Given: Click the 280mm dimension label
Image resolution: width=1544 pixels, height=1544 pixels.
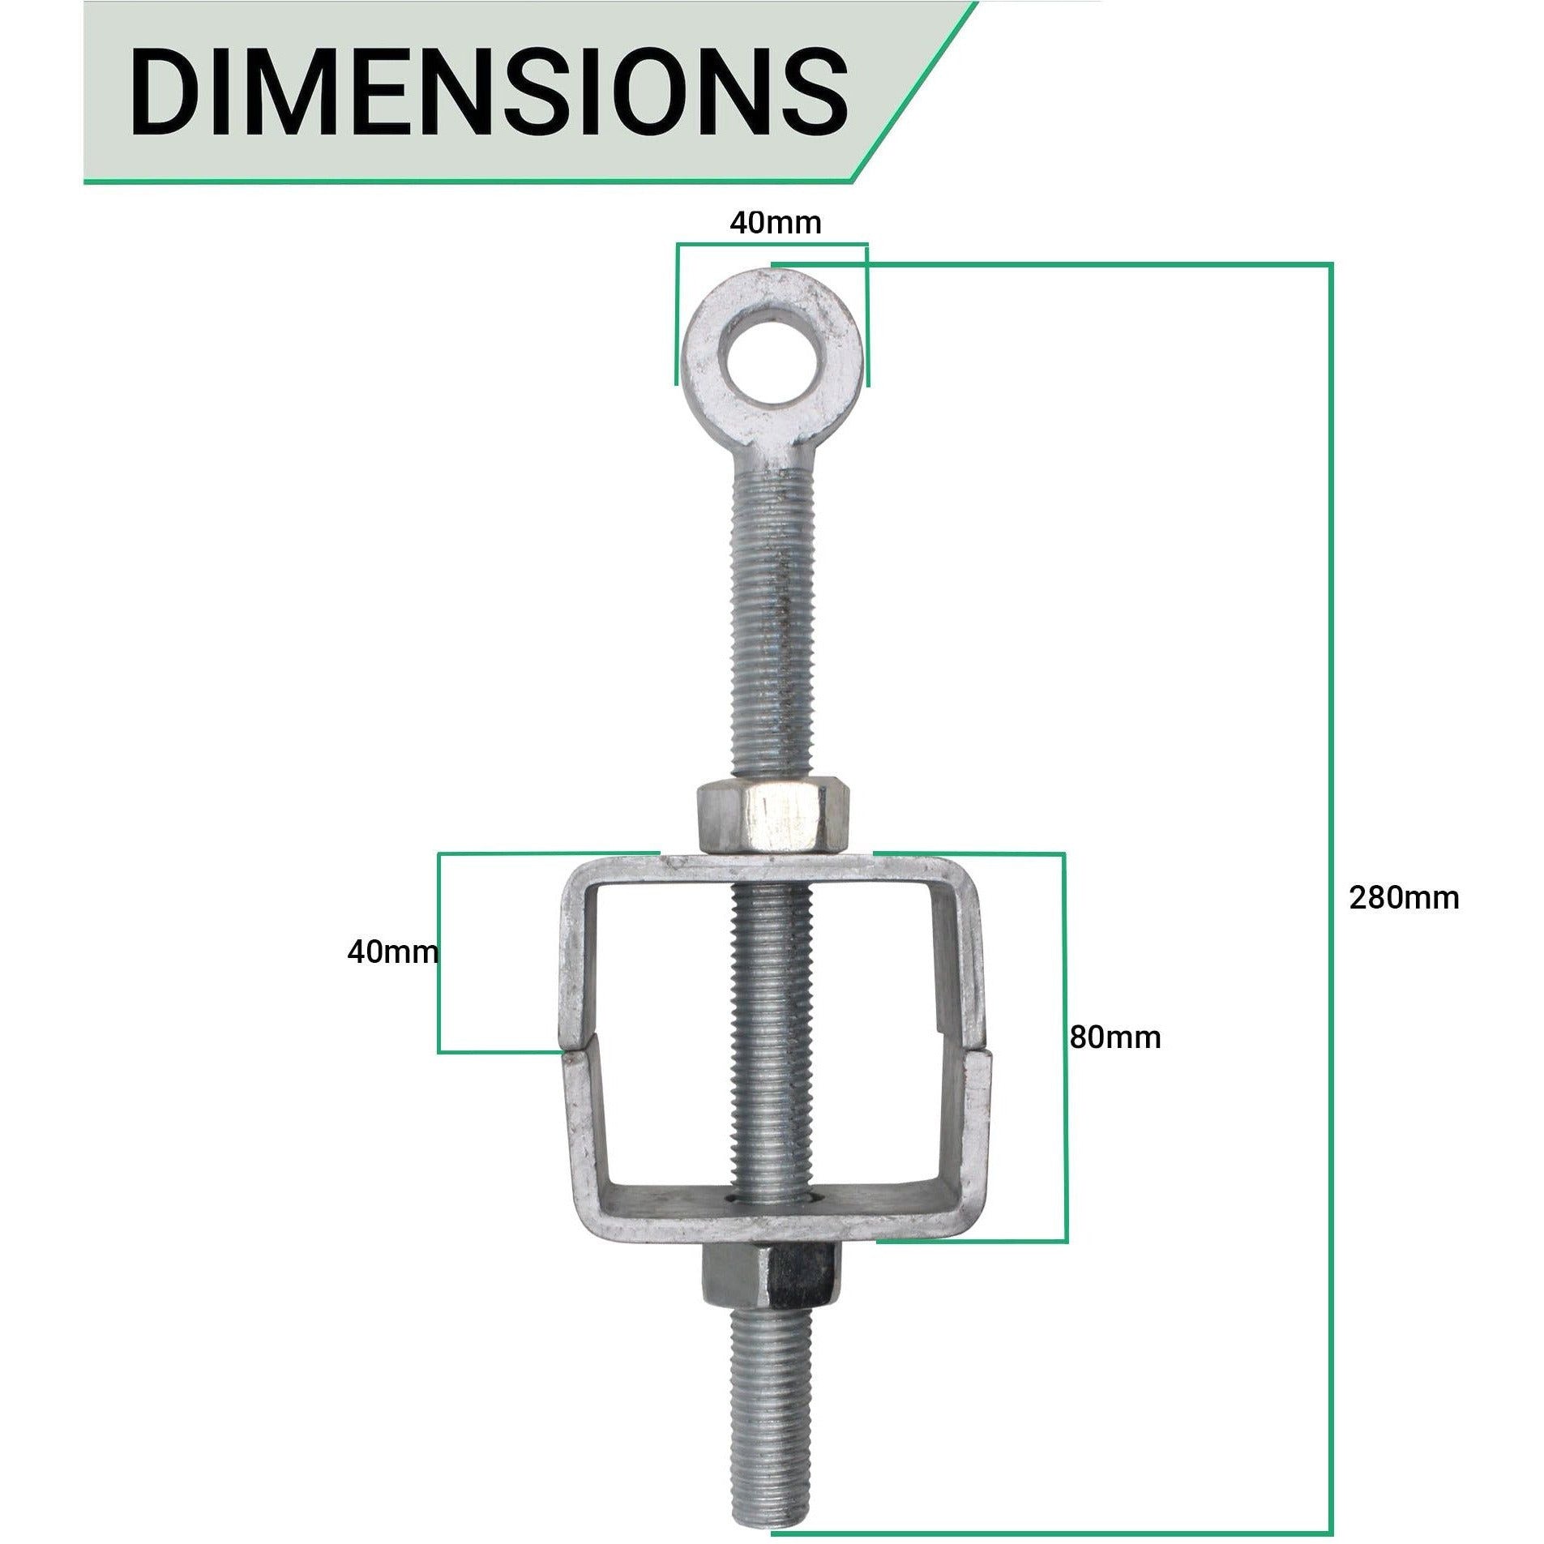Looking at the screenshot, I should [1403, 898].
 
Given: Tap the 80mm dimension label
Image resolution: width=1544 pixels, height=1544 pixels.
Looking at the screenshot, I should [1114, 1037].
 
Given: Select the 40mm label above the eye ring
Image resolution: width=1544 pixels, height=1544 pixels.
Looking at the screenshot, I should [775, 223].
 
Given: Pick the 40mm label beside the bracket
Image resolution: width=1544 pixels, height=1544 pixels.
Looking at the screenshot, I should [391, 952].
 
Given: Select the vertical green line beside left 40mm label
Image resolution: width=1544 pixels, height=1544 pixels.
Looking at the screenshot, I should [438, 952].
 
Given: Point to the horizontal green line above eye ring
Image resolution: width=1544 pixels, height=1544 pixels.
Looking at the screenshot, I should [772, 242].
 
